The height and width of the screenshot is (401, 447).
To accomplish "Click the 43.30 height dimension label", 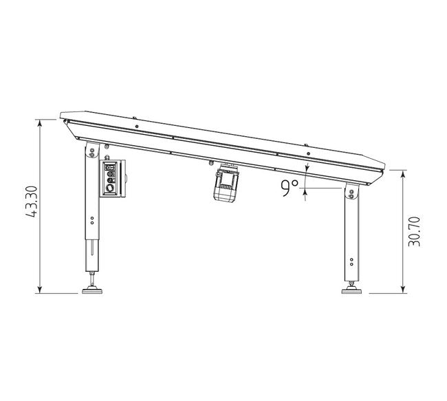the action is [x=32, y=202].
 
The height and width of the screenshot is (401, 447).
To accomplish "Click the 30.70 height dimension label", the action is [x=414, y=232].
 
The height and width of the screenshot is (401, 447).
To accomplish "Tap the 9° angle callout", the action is [x=290, y=188].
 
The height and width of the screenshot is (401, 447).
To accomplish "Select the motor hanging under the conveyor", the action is [x=226, y=182].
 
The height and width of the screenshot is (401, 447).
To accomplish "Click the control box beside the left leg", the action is [x=113, y=178].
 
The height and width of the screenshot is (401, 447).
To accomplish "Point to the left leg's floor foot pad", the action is [x=92, y=291].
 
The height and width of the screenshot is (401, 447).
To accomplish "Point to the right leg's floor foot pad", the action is [x=351, y=291].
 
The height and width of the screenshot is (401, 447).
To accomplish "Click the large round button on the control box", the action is [x=109, y=188].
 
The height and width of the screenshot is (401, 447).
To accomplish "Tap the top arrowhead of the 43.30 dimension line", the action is [x=40, y=122].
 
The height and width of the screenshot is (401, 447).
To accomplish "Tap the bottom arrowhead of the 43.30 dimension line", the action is [x=40, y=290].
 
